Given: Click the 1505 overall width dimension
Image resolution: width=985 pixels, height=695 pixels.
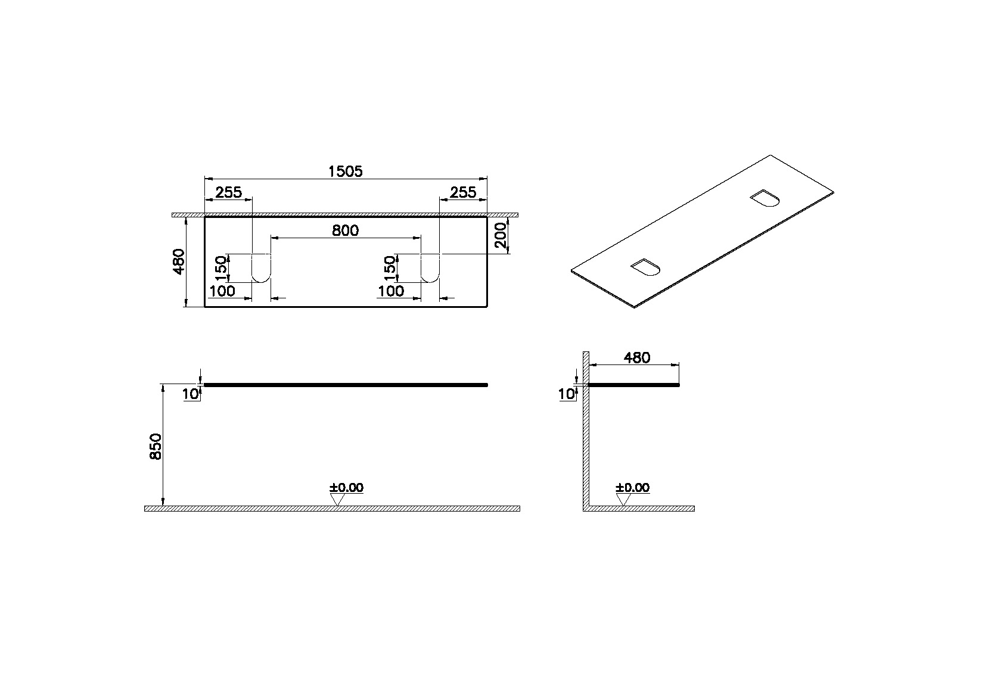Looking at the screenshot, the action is click(346, 171).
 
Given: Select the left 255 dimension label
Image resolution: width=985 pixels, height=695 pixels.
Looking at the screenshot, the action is click(229, 192).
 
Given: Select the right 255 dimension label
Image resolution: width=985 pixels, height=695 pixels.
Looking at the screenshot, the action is click(463, 192).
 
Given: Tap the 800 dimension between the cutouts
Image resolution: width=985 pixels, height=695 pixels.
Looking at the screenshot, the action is click(345, 230).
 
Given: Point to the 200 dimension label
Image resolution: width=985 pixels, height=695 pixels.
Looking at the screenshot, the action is click(501, 235).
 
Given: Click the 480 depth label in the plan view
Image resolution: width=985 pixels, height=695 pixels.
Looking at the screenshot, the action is click(179, 261).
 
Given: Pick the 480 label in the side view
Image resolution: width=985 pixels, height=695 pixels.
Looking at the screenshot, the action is click(637, 358).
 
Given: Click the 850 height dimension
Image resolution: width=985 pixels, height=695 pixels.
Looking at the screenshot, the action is click(156, 447).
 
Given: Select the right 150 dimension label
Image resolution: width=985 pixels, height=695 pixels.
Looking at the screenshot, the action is click(390, 269).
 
